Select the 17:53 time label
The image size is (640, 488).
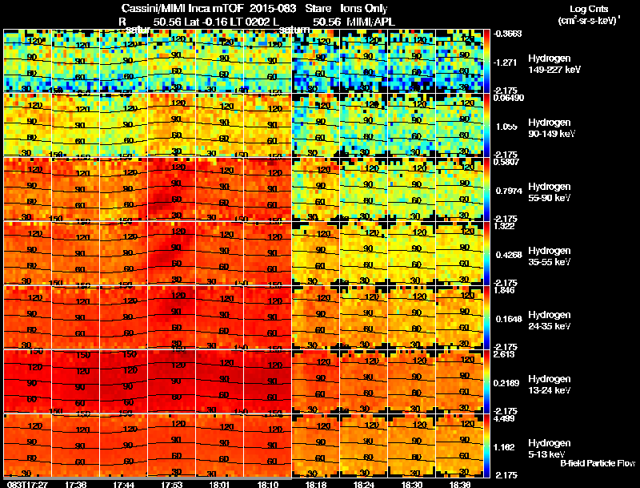[x=172, y=484]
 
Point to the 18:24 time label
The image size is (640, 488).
[x=364, y=484]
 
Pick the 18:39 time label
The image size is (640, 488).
[x=460, y=484]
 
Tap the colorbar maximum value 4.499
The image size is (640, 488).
[x=504, y=417]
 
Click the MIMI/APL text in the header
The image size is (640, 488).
[x=370, y=21]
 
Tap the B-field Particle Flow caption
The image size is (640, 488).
[x=597, y=463]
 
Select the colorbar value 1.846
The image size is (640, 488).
[x=504, y=289]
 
